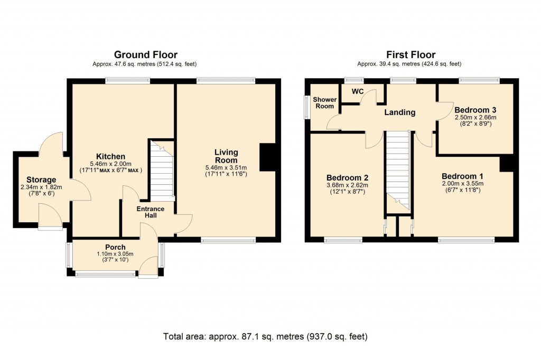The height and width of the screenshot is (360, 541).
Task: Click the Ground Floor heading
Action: (x=145, y=55)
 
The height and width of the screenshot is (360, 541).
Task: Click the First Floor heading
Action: (x=411, y=55)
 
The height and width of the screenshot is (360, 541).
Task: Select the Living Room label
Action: (x=226, y=156)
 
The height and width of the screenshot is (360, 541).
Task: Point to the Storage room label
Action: (x=38, y=180)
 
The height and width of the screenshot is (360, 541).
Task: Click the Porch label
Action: (x=115, y=247)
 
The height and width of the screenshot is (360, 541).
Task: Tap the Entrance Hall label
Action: (x=151, y=213)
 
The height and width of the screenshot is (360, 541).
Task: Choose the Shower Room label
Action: (x=323, y=103)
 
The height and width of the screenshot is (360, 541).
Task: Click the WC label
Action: (x=358, y=91)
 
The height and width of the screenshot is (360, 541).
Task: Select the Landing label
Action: (x=399, y=112)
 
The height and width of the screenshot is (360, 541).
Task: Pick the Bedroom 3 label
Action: (x=475, y=110)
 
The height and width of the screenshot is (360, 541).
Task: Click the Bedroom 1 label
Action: (x=462, y=176)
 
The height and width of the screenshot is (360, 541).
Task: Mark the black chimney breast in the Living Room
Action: (x=267, y=158)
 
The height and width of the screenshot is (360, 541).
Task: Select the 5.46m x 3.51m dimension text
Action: (x=226, y=168)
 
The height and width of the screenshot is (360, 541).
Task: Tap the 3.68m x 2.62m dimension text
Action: (x=347, y=185)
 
